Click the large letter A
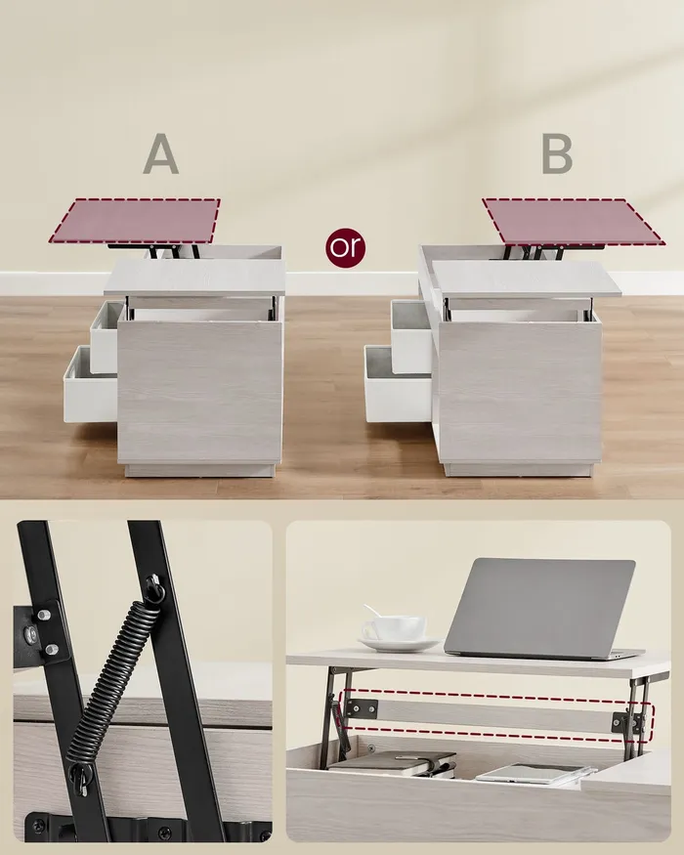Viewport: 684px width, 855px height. click(161, 153)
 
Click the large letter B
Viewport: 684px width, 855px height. click(557, 153)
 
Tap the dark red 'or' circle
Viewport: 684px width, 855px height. click(345, 247)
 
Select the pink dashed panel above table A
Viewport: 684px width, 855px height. click(135, 220)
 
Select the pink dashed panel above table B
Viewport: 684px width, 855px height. click(573, 222)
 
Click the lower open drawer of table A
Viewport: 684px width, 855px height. click(90, 385)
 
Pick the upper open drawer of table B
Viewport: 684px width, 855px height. click(411, 336)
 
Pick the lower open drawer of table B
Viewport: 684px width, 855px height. click(398, 384)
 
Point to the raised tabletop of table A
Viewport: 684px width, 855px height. click(195, 278)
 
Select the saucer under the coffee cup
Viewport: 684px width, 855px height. click(399, 645)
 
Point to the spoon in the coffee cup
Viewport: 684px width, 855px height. click(374, 613)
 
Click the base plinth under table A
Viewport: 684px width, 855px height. click(199, 470)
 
